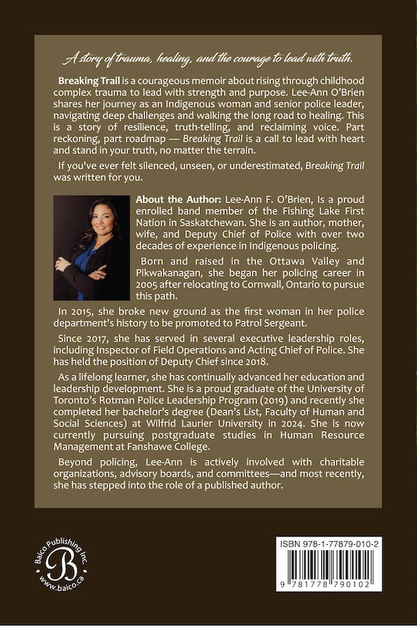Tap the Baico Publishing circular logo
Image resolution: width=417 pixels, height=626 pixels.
tap(69, 566)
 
